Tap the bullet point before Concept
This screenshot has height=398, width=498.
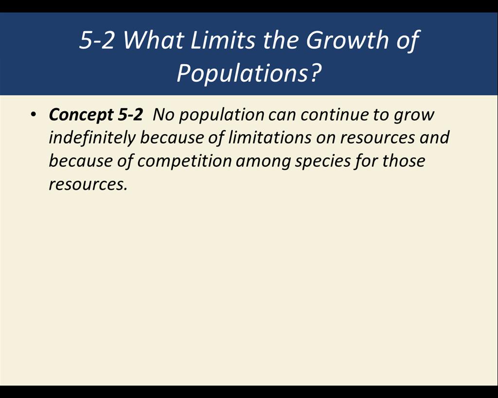coord(33,115)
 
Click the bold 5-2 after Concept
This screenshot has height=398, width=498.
coord(130,114)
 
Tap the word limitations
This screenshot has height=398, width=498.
coord(269,138)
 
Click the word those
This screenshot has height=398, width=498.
coord(403,161)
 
